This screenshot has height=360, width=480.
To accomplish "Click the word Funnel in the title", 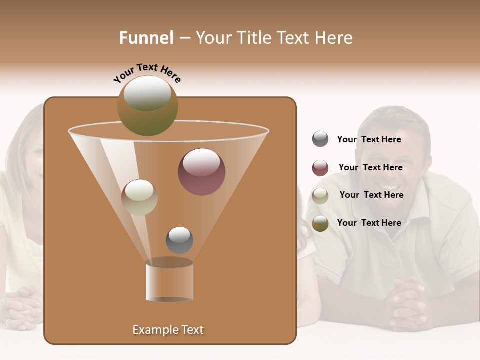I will [x=146, y=38].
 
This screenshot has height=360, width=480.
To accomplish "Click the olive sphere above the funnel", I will [x=148, y=105].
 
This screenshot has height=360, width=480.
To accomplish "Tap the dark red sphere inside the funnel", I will [x=201, y=172].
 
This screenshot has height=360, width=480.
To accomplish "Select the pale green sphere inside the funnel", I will [x=139, y=197].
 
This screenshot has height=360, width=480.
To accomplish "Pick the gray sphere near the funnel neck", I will [x=179, y=240].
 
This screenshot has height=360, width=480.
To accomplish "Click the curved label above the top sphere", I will [x=147, y=72].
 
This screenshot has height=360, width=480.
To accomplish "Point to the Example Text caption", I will [x=168, y=330].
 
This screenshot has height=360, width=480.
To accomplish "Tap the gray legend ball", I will [x=320, y=139].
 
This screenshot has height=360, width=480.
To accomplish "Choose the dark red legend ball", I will [x=320, y=168].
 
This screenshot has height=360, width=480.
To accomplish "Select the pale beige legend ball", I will [x=320, y=195].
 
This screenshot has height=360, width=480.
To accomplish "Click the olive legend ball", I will [x=320, y=223].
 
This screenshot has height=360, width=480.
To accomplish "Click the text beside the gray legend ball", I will [x=369, y=140].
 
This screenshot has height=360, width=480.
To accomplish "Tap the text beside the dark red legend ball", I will [x=371, y=168].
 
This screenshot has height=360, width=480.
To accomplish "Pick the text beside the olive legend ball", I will [x=369, y=223].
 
